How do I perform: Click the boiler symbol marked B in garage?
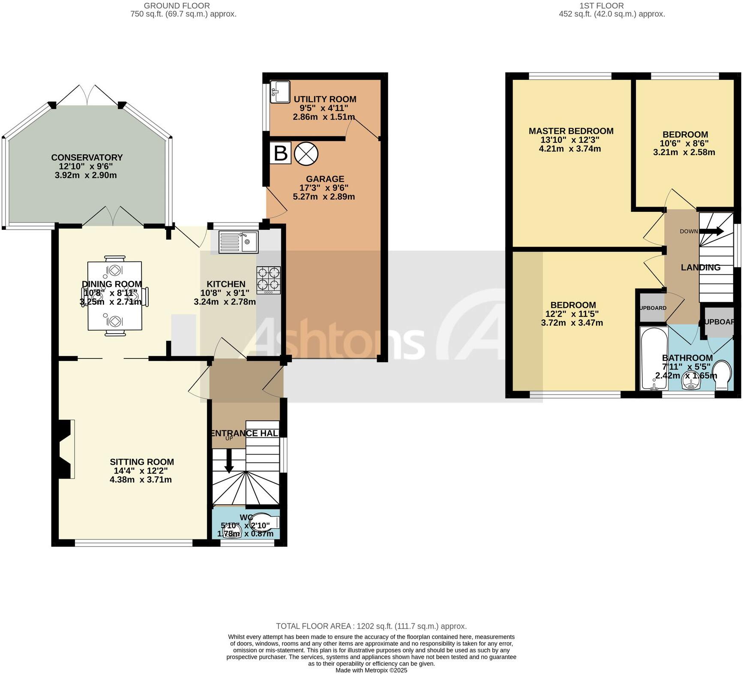(x=281, y=153)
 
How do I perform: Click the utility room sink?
(x=279, y=92)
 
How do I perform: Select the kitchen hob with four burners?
(x=269, y=279)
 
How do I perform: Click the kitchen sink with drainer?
(x=238, y=242)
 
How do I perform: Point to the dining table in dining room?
(x=115, y=296)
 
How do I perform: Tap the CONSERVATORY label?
(x=87, y=157)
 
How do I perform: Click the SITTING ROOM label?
(x=142, y=462)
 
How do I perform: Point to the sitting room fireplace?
(x=65, y=448)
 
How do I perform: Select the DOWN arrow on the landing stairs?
(x=712, y=232)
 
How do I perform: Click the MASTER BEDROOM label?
(x=571, y=131)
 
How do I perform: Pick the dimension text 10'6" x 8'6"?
(x=684, y=143)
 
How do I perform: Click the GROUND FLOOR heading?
(x=177, y=6)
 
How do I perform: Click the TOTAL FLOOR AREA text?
(x=371, y=626)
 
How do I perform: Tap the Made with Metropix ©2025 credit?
(x=371, y=670)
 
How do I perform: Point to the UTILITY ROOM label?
(x=325, y=99)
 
